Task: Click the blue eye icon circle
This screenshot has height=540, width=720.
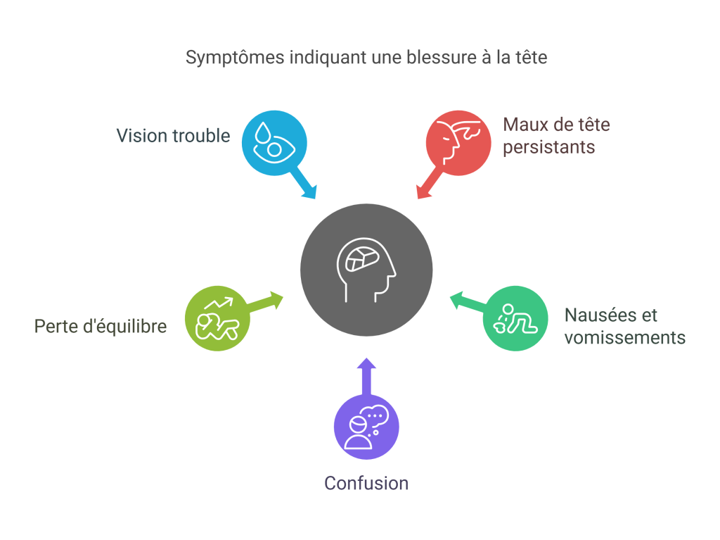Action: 274,142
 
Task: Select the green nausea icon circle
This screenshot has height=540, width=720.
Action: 515,318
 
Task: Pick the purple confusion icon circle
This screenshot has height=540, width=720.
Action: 366,427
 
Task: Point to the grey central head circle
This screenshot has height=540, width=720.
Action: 366,270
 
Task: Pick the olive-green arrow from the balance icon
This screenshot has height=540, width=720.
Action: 267,301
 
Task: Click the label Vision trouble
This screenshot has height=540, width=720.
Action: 173,135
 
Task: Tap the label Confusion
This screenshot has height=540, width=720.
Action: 366,484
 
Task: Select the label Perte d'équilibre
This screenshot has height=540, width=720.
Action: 101,327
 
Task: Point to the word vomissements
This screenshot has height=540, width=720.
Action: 624,337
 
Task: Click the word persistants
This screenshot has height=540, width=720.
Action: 549,147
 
